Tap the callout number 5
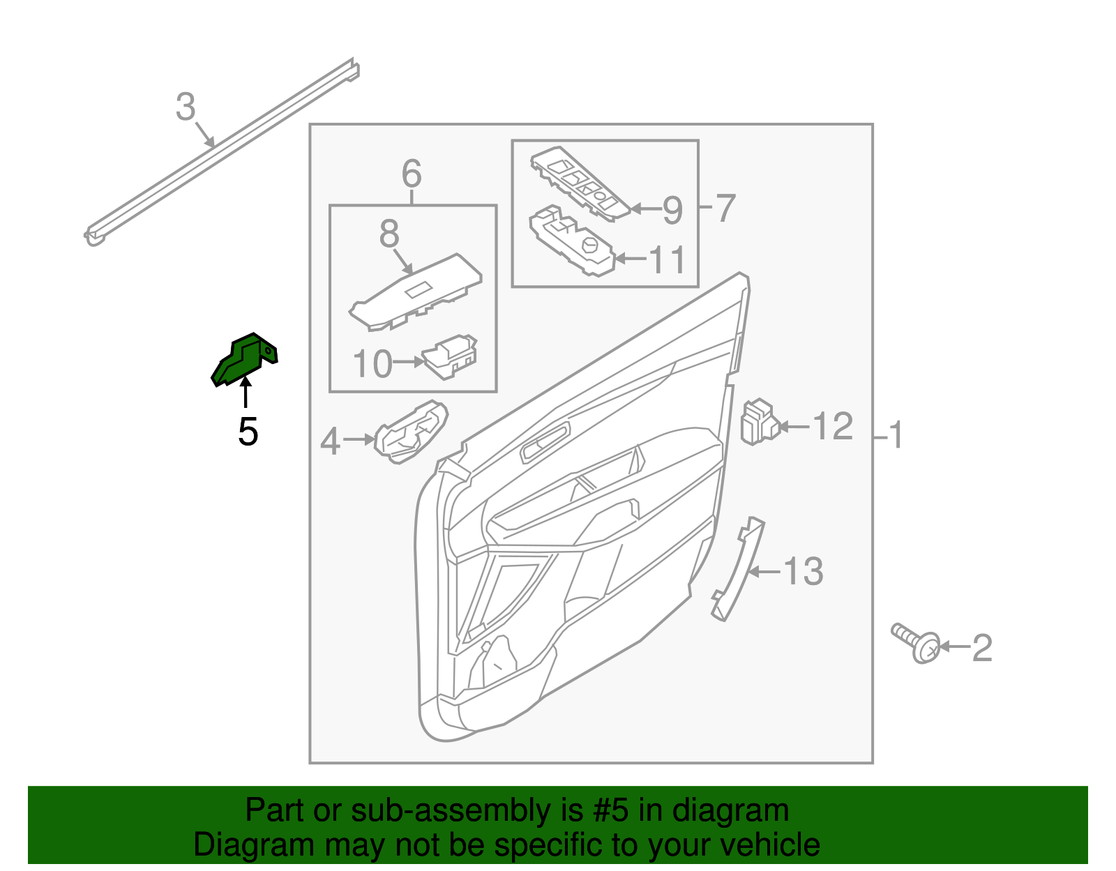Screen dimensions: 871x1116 pyautogui.click(x=248, y=432)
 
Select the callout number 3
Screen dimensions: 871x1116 pyautogui.click(x=185, y=107)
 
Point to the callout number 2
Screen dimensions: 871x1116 pyautogui.click(x=981, y=648)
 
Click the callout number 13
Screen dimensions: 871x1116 pyautogui.click(x=804, y=572)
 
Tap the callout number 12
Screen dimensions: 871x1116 pyautogui.click(x=833, y=426)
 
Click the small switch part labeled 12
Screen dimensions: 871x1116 pyautogui.click(x=757, y=421)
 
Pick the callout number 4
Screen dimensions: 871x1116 pyautogui.click(x=330, y=441)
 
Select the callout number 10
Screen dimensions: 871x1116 pyautogui.click(x=372, y=364)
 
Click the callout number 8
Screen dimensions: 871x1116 pyautogui.click(x=389, y=234)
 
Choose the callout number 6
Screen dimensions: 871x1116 pyautogui.click(x=412, y=173)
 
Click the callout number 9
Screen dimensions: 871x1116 pyautogui.click(x=672, y=209)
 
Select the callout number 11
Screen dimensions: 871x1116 pyautogui.click(x=668, y=259)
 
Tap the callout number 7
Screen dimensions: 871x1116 pyautogui.click(x=725, y=208)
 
